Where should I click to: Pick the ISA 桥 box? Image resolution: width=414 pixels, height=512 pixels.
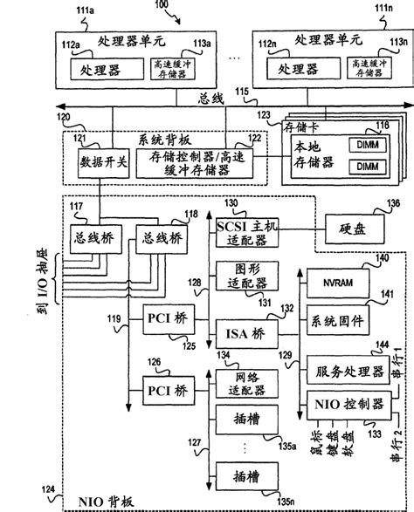click(244, 332)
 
